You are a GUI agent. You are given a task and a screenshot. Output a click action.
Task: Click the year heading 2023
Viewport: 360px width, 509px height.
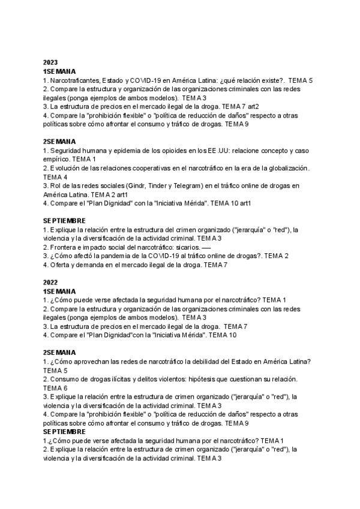coord(50,62)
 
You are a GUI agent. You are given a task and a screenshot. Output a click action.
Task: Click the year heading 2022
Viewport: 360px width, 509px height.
coord(50,282)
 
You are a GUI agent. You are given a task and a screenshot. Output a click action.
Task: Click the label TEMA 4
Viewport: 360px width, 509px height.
coord(55,177)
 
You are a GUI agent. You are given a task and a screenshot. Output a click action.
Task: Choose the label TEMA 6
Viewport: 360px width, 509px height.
coord(55,388)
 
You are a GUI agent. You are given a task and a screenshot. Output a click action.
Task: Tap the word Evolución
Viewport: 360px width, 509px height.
coord(66,168)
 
